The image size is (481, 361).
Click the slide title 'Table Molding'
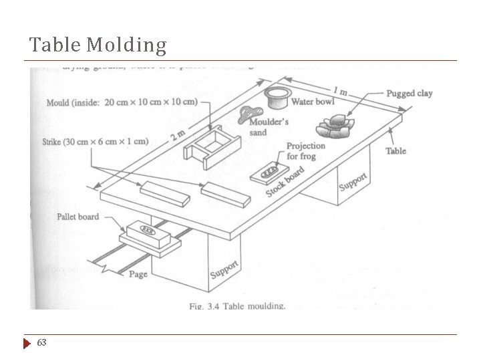coord(98,45)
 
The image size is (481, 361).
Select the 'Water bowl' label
coord(313,102)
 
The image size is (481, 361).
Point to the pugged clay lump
coord(337,126)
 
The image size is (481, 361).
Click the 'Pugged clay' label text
coord(410,94)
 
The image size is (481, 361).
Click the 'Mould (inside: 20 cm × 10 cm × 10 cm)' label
coord(122,102)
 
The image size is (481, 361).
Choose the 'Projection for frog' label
coord(305,150)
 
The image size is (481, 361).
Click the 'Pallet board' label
coord(77,217)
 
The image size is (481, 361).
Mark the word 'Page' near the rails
coord(138,274)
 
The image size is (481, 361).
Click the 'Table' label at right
coord(395,151)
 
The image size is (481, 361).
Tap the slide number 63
coord(41,342)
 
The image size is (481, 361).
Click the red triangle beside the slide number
coord(27,343)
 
